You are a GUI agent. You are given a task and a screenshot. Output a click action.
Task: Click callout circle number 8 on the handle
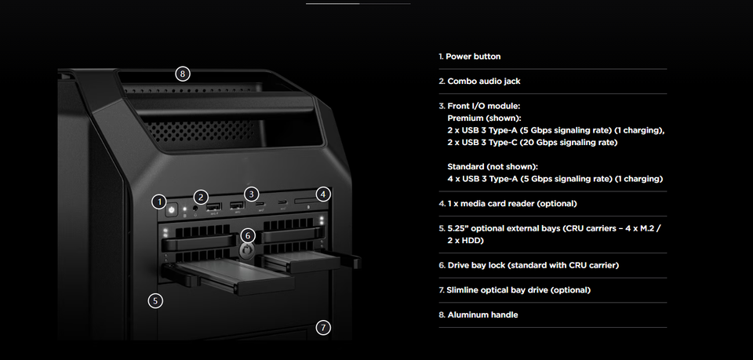coord(182,74)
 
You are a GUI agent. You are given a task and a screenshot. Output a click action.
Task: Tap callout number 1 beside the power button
coord(159,202)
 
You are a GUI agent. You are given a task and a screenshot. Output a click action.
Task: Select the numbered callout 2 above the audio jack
coord(202,197)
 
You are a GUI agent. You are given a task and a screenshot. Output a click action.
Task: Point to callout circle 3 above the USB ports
coord(251,193)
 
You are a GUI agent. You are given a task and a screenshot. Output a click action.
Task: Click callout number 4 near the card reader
coord(323,193)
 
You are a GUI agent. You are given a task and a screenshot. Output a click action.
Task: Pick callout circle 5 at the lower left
coord(155,300)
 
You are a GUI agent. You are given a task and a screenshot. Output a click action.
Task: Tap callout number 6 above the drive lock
coord(248,235)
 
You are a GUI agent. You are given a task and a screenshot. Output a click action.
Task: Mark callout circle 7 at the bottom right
coord(323,327)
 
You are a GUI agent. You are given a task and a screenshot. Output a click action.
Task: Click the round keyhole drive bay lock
coord(248,250)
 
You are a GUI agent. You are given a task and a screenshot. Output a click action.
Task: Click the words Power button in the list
coord(474,56)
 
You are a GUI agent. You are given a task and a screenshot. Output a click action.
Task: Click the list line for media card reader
coord(513,203)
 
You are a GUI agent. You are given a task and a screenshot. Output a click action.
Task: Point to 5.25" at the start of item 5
coord(458,228)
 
